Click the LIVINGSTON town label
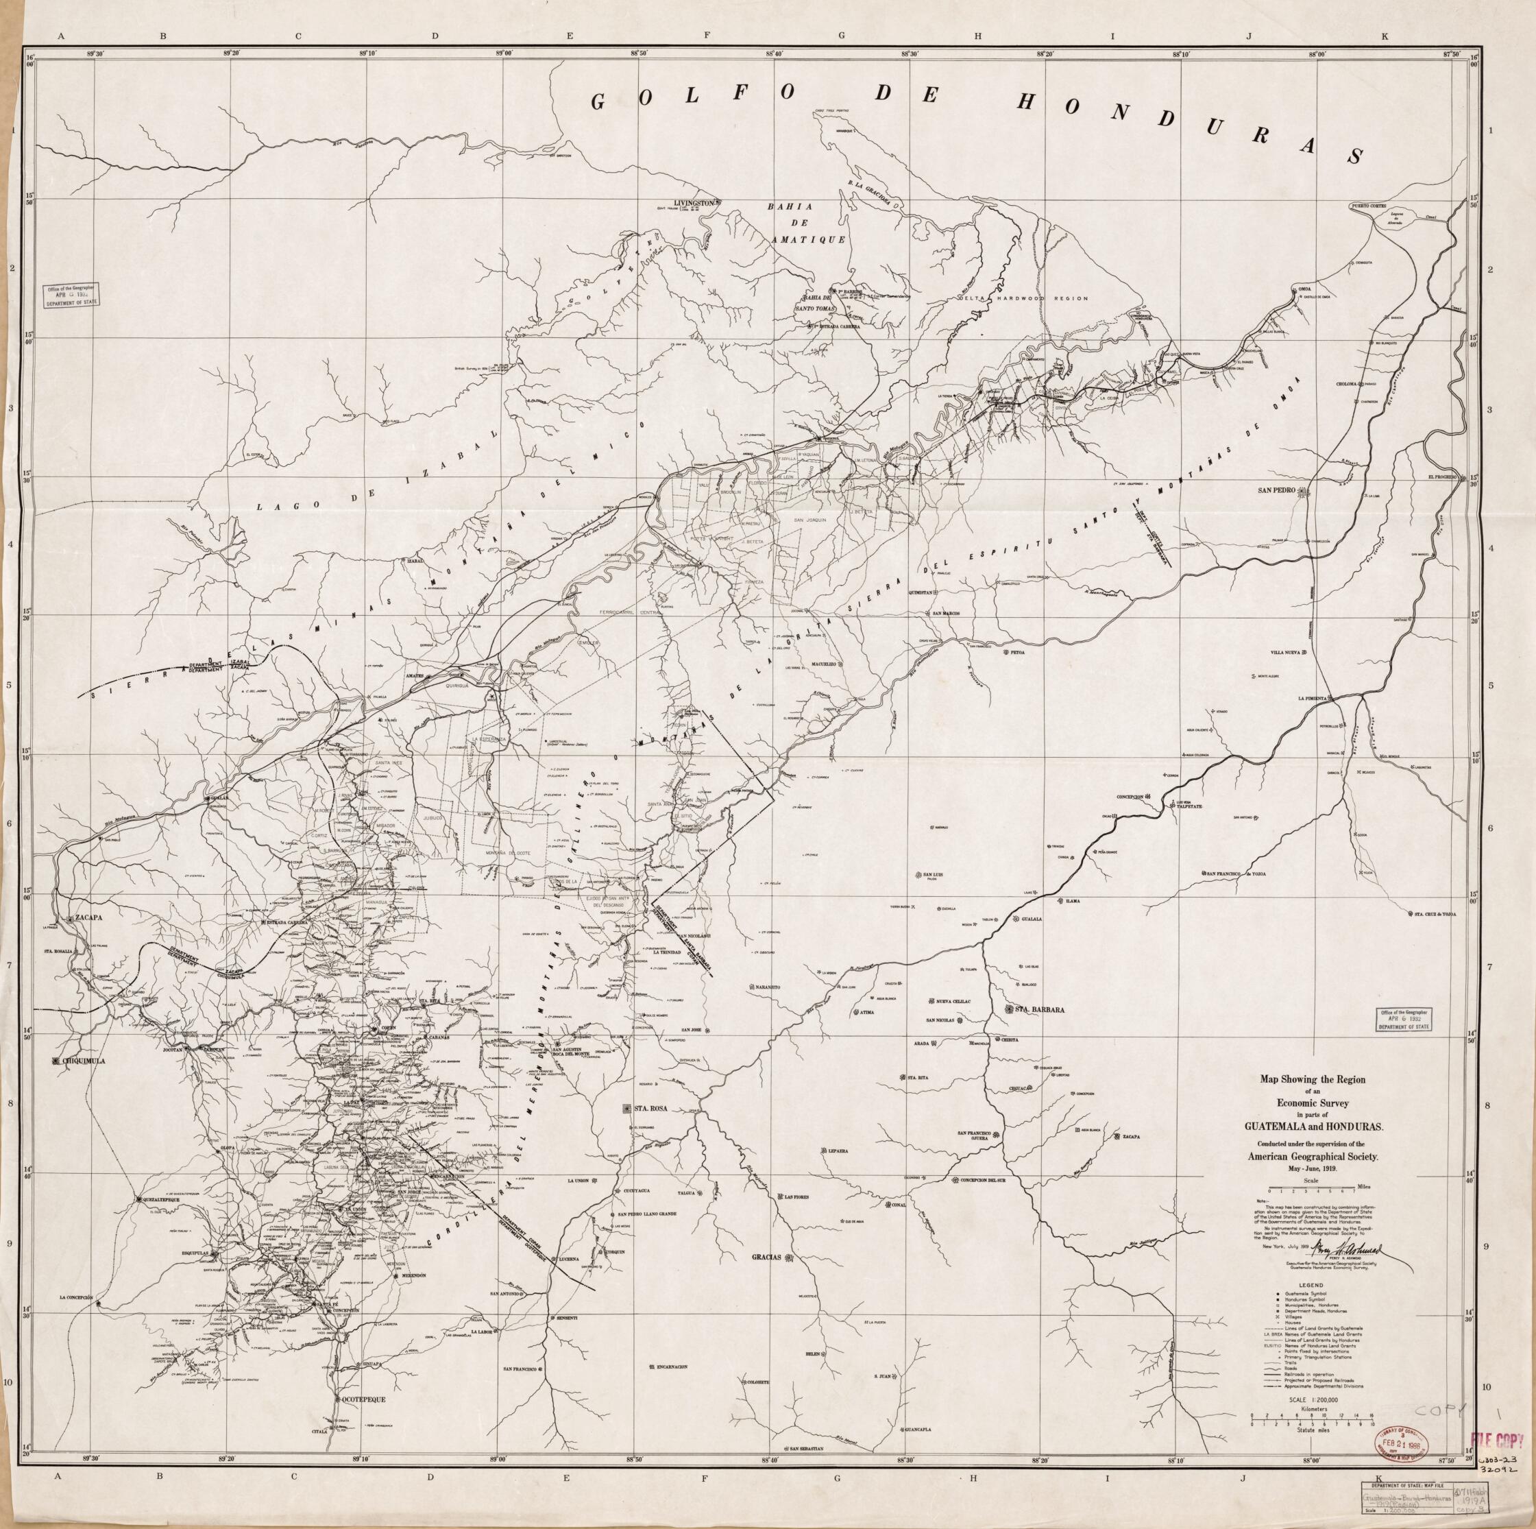692,203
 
